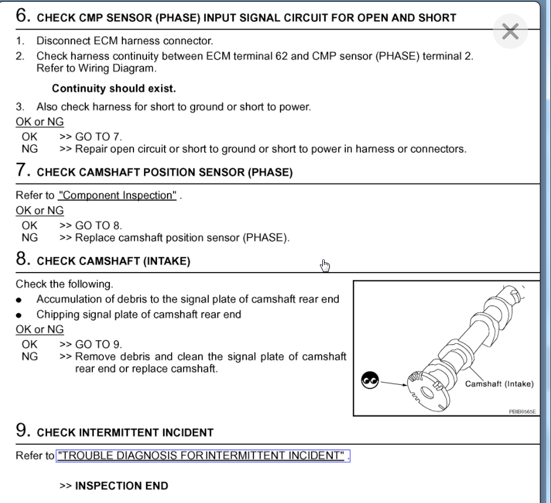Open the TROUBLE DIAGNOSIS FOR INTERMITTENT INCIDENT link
pyautogui.click(x=202, y=457)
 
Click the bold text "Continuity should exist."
pyautogui.click(x=114, y=89)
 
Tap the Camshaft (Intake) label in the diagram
pyautogui.click(x=499, y=384)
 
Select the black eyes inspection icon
pyautogui.click(x=370, y=381)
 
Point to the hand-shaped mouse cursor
pyautogui.click(x=325, y=266)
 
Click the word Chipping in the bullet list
pyautogui.click(x=57, y=314)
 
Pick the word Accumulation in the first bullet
pyautogui.click(x=67, y=299)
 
